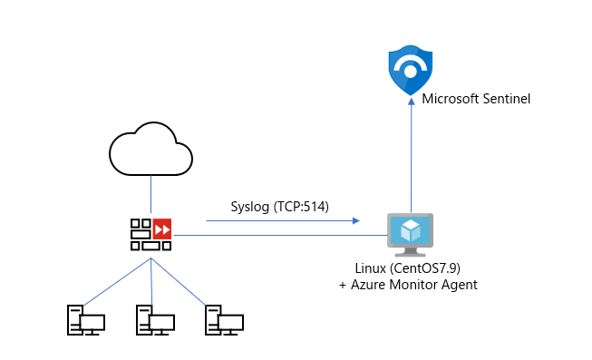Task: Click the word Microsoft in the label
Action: tap(451, 98)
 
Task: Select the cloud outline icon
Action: tap(150, 151)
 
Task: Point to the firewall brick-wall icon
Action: tap(142, 234)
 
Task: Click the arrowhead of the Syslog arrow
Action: tap(358, 220)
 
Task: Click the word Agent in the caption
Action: tap(459, 286)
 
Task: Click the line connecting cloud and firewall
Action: tap(150, 195)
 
